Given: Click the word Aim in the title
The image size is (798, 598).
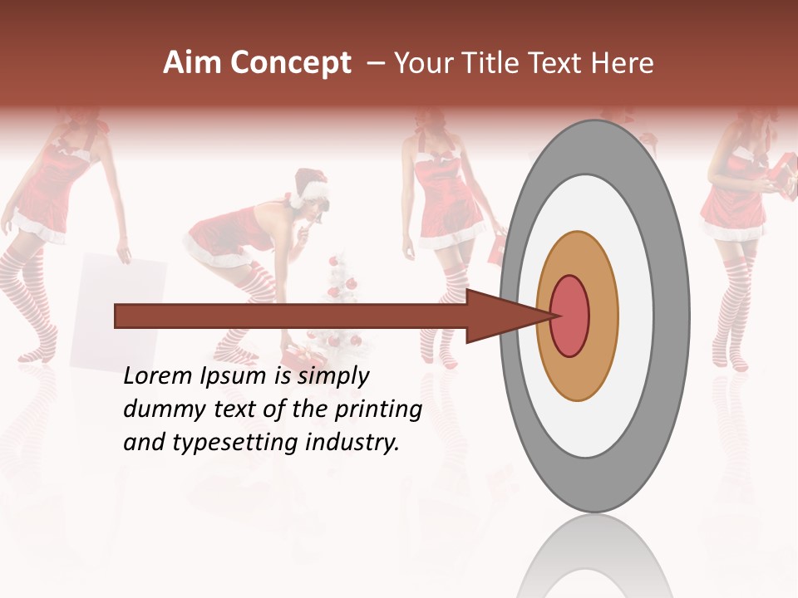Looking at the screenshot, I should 193,63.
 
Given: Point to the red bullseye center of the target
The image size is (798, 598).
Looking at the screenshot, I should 570,316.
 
